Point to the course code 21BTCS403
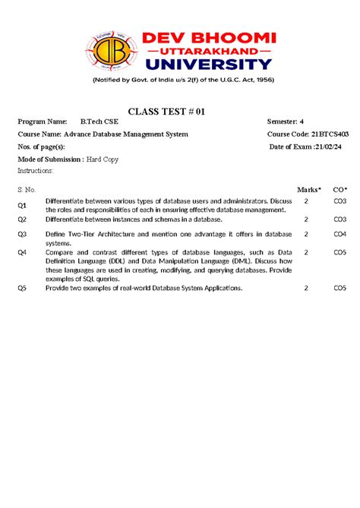coord(330,134)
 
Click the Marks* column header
coord(309,188)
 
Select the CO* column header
coord(340,188)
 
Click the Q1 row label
coord(23,206)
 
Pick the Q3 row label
coord(23,235)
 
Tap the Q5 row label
coord(23,289)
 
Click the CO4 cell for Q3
coord(340,235)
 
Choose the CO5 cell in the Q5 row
coord(340,289)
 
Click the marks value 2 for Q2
coord(306,219)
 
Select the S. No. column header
coord(27,188)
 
